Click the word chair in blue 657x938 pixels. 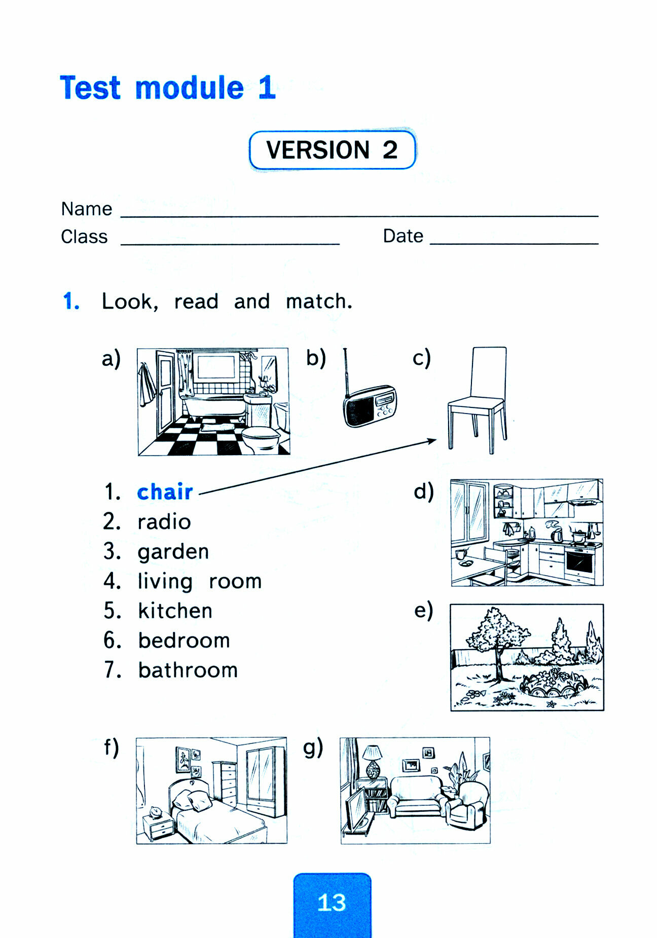coord(165,492)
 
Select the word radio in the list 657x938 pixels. coord(164,522)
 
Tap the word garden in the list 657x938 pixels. coord(173,552)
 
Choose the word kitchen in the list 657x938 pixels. coord(175,611)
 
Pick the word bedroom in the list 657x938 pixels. coord(184,641)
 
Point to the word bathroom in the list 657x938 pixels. coord(188,670)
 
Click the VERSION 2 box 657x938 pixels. coord(332,150)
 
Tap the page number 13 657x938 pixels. coord(332,903)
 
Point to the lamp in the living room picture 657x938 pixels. coord(374,761)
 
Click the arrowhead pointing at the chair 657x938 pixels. coord(432,441)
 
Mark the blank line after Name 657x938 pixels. coord(359,215)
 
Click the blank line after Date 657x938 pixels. coord(514,243)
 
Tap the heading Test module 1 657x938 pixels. coord(167,88)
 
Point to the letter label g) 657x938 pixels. coord(313,747)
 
